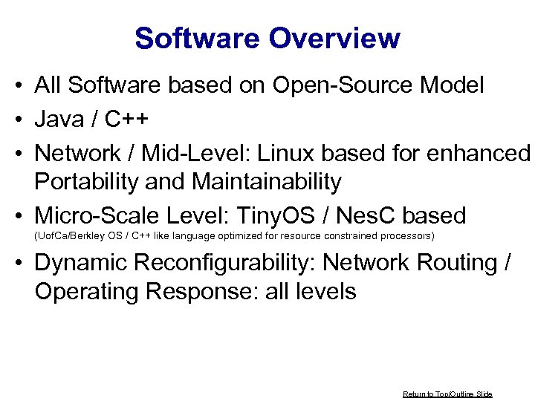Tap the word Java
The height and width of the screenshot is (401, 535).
(59, 119)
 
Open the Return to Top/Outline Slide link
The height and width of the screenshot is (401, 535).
(447, 394)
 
